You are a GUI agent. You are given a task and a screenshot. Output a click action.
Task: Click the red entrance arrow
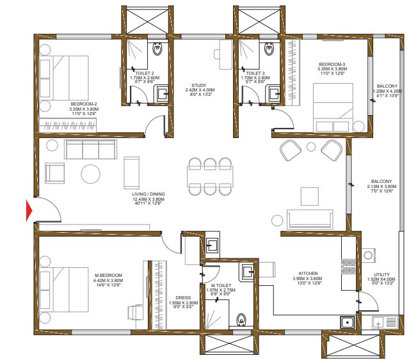[x=29, y=210]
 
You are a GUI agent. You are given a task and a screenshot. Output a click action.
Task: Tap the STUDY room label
[x=199, y=86]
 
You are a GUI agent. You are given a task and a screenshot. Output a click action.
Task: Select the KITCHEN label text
[x=308, y=274]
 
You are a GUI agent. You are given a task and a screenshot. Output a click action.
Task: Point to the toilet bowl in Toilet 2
[x=157, y=49]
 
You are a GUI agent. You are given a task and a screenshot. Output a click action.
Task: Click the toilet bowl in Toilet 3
[x=269, y=49]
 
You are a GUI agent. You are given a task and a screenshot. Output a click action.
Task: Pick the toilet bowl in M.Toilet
[x=241, y=320]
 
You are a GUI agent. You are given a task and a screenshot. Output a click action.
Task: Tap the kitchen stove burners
[x=349, y=267]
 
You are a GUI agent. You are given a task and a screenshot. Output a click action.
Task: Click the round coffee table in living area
[x=91, y=174]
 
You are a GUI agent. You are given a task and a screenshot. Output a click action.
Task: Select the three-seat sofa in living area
[x=91, y=150]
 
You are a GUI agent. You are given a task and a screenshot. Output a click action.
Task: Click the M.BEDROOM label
[x=108, y=276]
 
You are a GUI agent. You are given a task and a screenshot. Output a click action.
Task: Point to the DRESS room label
[x=184, y=298]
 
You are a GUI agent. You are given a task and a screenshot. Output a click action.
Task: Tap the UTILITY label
[x=382, y=274]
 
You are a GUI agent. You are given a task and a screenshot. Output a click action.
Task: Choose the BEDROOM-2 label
[x=84, y=104]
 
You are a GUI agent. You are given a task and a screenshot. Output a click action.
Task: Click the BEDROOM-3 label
[x=332, y=64]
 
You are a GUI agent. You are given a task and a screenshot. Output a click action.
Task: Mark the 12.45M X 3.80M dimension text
[x=149, y=199]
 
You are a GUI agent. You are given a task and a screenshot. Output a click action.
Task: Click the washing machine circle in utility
[x=368, y=255]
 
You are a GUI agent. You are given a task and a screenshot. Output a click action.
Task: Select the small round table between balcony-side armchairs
[x=311, y=147]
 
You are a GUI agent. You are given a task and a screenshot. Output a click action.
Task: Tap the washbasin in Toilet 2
[x=162, y=93]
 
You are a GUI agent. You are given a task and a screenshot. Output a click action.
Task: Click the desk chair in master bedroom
[x=134, y=313]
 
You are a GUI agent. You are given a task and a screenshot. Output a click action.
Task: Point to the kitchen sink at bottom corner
[x=348, y=322]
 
